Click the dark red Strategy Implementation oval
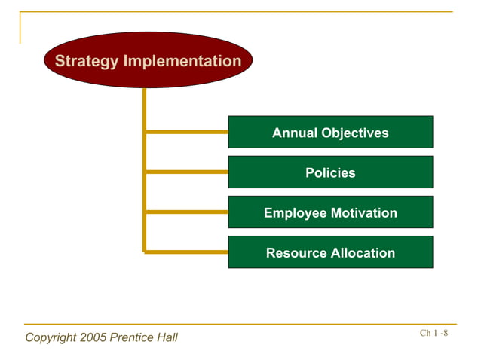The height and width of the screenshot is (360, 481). (148, 60)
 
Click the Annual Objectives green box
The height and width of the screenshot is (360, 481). (330, 133)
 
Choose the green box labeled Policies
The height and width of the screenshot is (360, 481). (330, 172)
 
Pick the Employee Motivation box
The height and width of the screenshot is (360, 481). (330, 213)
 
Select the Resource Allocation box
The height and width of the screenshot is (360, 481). (330, 253)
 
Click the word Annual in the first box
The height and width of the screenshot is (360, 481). (295, 133)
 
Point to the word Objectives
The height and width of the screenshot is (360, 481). (354, 133)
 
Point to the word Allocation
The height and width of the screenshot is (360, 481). (363, 253)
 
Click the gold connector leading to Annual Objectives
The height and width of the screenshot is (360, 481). (186, 132)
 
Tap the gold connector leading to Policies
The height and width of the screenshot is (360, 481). (186, 172)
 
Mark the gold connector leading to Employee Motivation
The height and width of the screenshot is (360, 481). (186, 212)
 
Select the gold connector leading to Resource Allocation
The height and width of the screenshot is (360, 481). (186, 252)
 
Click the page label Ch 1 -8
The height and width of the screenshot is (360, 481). (434, 334)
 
